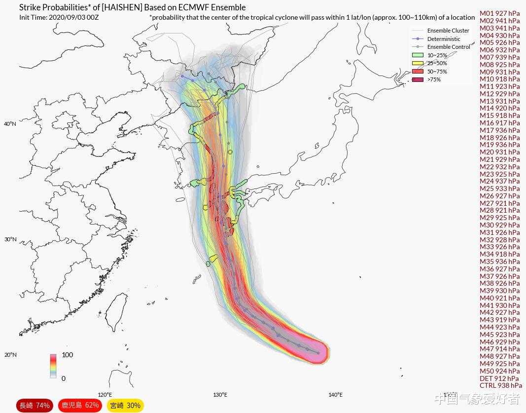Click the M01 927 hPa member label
click(499, 14)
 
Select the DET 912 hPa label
click(499, 378)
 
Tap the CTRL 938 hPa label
click(500, 386)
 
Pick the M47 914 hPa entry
click(499, 349)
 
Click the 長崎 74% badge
click(35, 406)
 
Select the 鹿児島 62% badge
click(79, 406)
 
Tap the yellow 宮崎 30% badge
click(125, 406)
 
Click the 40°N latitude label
click(10, 124)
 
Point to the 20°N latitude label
click(10, 355)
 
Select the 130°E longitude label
click(220, 395)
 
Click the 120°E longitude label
click(105, 395)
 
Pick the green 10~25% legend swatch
click(418, 55)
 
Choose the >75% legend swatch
click(418, 79)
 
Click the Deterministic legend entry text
click(444, 39)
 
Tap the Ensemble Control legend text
click(448, 47)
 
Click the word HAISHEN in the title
click(121, 8)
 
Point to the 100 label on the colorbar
click(67, 355)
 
